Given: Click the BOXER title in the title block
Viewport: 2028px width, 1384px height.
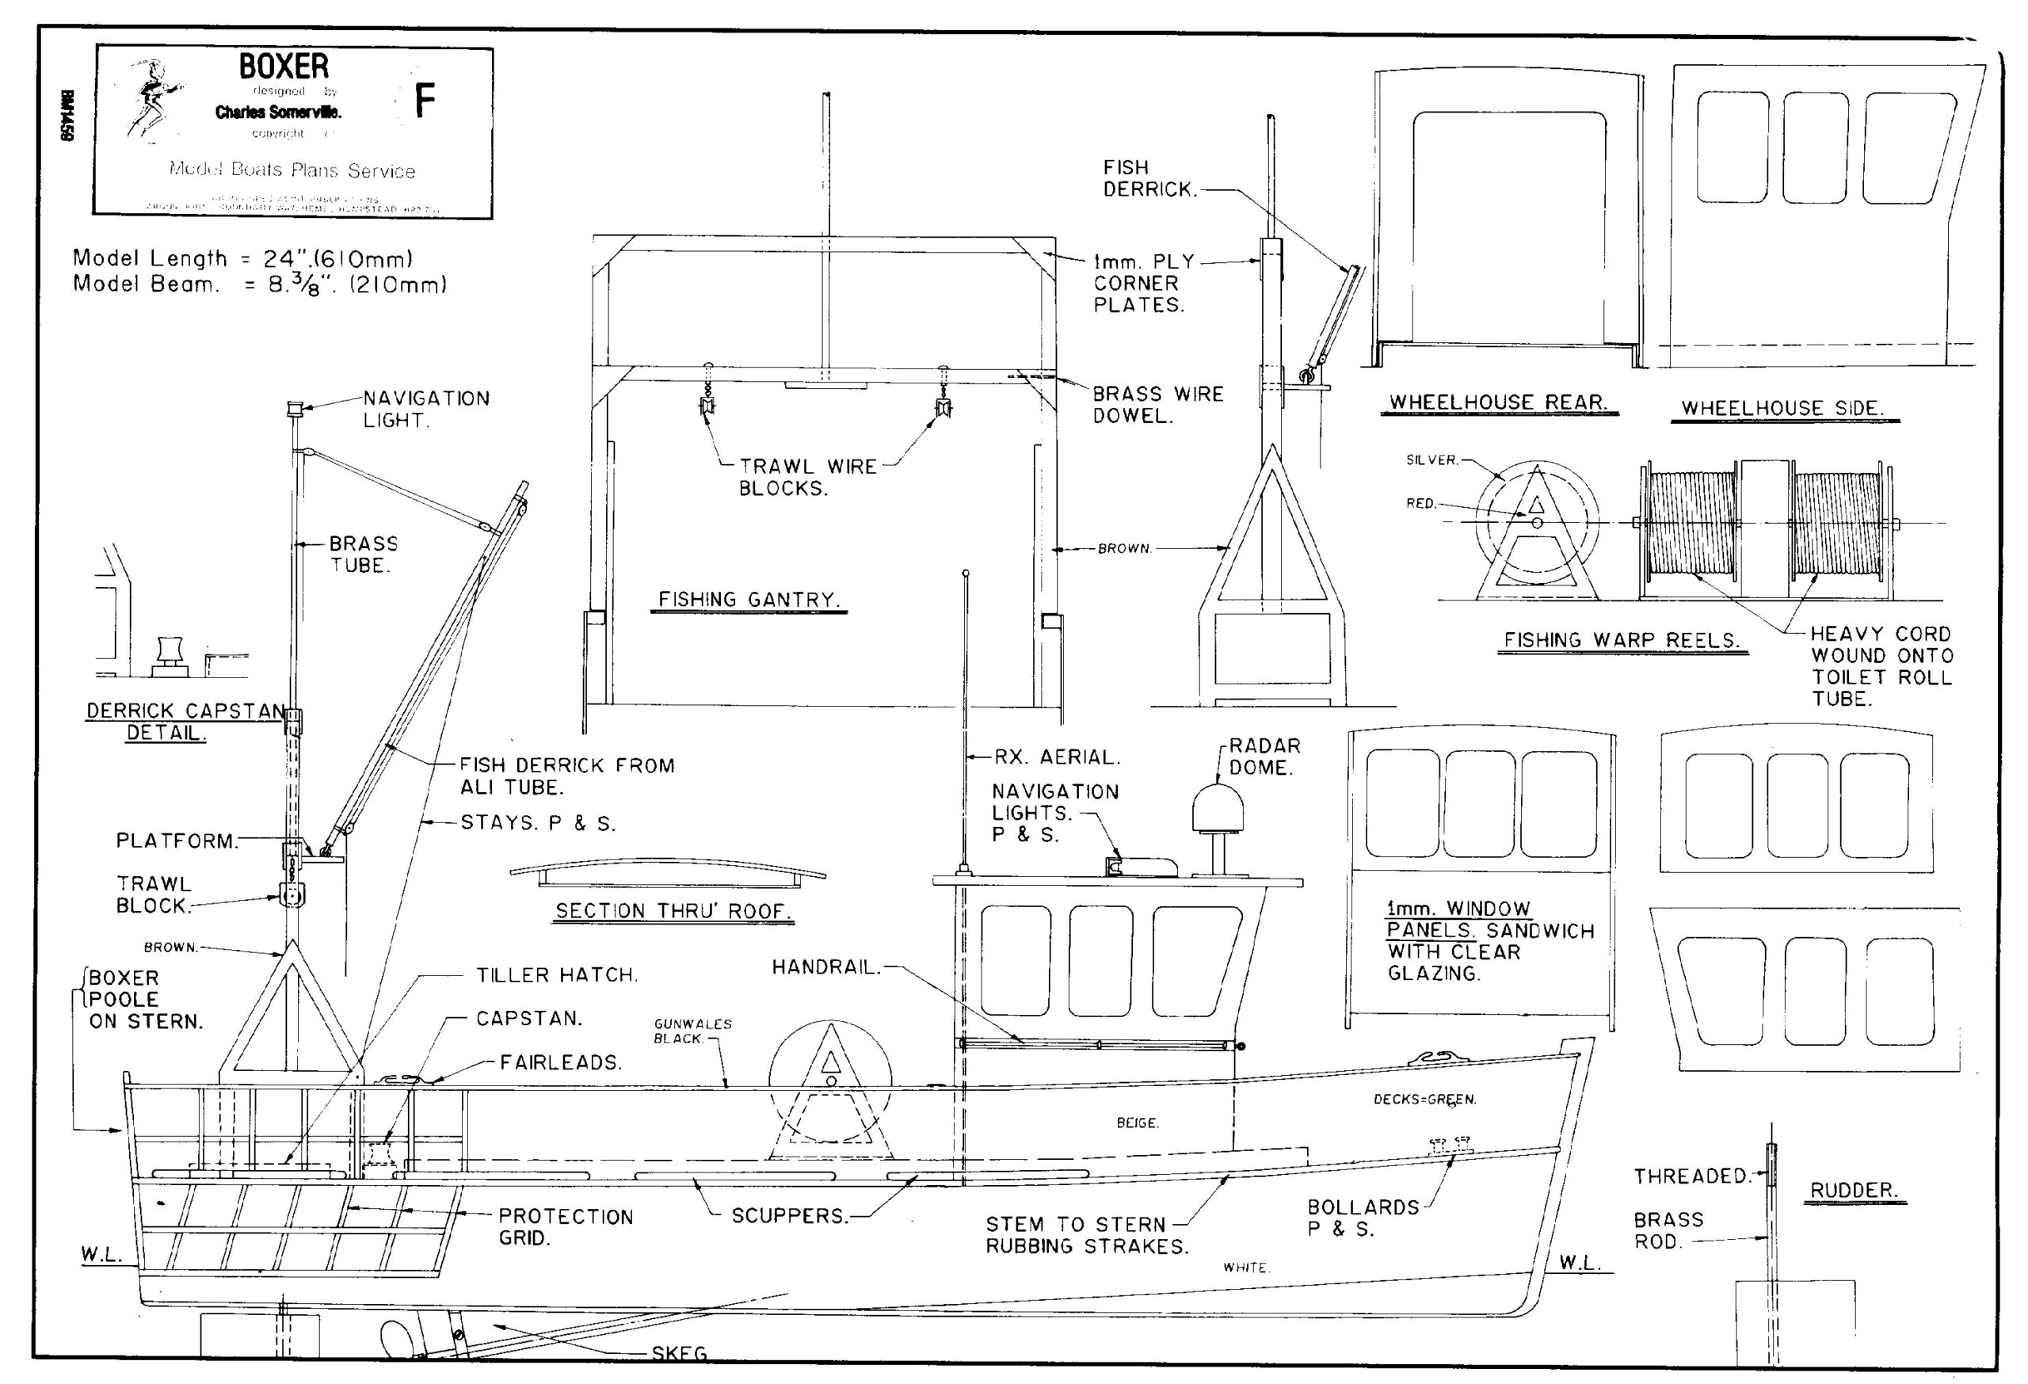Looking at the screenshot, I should click(284, 67).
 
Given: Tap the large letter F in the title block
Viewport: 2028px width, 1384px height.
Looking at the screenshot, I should click(424, 101).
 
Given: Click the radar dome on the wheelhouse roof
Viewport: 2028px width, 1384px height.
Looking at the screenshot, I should click(1218, 809).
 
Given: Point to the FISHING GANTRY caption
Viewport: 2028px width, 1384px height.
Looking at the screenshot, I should click(748, 600).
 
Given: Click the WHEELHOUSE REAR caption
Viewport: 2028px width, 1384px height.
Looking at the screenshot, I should click(1497, 402).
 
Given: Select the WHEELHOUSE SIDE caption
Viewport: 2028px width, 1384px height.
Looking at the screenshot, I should click(1782, 407).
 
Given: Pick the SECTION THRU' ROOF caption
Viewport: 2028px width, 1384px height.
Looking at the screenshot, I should click(673, 910).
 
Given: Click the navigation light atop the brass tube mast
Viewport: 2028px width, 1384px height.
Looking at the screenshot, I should click(294, 407).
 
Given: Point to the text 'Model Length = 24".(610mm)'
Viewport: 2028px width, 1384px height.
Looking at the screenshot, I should click(242, 258).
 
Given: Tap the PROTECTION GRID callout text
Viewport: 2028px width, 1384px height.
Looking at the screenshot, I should click(565, 1227).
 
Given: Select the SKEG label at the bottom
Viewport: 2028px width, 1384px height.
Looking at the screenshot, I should click(679, 1352).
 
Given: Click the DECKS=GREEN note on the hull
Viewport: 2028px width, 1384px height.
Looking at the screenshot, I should click(1424, 1100).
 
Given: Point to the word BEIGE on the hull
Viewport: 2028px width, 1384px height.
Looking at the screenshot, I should click(1137, 1123).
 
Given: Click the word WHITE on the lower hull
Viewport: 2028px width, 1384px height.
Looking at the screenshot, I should click(1245, 1267).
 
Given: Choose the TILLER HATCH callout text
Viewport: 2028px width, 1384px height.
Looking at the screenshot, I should click(557, 974).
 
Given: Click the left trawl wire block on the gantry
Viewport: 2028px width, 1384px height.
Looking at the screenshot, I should click(707, 405).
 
